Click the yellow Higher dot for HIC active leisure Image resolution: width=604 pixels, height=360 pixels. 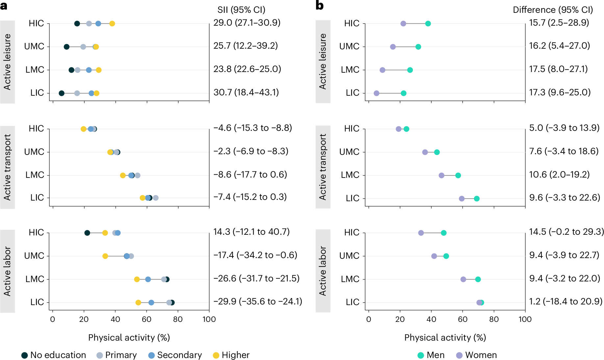coord(112,24)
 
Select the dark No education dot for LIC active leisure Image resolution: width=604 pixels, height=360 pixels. coord(62,93)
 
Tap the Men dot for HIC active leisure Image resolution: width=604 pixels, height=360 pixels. coord(428,24)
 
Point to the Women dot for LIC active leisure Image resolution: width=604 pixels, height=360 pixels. coord(376,93)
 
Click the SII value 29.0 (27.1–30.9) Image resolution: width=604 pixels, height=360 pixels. coord(247,23)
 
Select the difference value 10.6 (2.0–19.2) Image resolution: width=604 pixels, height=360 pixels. coord(559,175)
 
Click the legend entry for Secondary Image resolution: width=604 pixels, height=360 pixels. coord(175,355)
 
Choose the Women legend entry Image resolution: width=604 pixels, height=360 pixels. coord(477,355)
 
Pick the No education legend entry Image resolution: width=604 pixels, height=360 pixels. coord(54,355)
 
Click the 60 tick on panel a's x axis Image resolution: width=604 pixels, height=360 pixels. coord(147,319)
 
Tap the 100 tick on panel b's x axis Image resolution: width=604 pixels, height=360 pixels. coord(525,319)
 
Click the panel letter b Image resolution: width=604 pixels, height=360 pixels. coord(319,6)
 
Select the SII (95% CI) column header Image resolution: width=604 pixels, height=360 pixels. coord(241,10)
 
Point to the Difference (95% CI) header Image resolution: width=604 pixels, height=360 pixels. coord(553,10)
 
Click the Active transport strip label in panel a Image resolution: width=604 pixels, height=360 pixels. coord(7,167)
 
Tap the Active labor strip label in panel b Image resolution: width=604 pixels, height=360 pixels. coord(323,271)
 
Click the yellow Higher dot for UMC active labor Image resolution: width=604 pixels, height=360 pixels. coord(105,256)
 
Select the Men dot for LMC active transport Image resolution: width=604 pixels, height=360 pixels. coord(458,176)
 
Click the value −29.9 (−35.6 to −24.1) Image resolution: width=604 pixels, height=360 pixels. coord(258,301)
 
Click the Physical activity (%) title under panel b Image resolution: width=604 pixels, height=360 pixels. coord(445,338)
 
